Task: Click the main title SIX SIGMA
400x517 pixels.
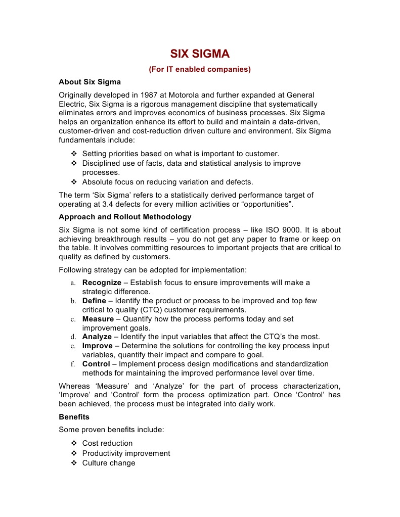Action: tap(200, 54)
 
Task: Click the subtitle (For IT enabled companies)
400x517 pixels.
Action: tap(200, 69)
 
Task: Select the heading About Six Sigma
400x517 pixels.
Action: tap(90, 81)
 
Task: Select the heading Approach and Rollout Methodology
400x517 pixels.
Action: tap(125, 217)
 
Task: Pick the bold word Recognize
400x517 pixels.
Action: tap(102, 283)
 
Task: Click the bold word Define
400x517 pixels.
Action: tap(94, 301)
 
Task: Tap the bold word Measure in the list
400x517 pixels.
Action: tap(98, 319)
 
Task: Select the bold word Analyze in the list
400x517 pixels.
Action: tap(98, 337)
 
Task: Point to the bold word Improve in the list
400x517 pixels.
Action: tap(98, 346)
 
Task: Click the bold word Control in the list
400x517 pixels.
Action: tap(96, 364)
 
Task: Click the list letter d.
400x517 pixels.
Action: tap(73, 337)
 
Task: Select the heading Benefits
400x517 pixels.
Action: tap(74, 417)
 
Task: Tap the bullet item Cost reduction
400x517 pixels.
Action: tap(107, 443)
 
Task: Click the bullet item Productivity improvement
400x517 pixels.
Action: tap(126, 453)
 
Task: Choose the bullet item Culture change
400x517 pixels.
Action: tap(109, 463)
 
